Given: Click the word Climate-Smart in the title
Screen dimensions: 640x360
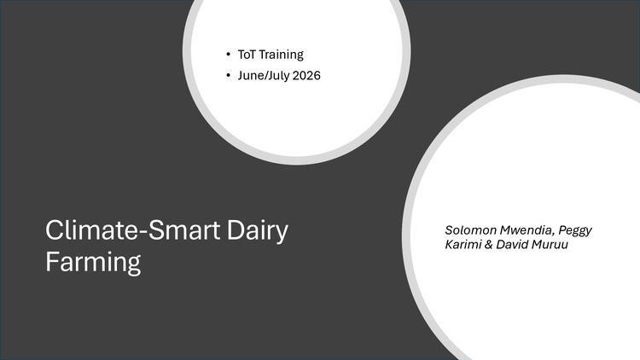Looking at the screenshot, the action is pos(132,230).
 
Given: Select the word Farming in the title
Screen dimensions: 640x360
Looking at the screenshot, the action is pos(93,263).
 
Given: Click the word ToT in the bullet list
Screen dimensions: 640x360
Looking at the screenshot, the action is pos(247,55).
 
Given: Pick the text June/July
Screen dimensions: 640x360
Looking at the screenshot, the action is pos(264,76).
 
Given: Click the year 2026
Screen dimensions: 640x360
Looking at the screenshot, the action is pos(306,76).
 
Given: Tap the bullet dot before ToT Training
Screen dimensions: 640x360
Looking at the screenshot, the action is pos(228,55).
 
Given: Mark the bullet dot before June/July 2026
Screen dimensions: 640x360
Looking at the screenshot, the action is pos(228,76).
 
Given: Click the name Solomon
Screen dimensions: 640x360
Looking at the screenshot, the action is pos(470,230).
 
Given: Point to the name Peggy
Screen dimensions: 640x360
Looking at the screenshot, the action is pos(575,231).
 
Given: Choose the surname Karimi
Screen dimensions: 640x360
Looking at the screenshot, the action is pos(463,245).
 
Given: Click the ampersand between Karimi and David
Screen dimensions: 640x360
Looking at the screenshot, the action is pos(488,245).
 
